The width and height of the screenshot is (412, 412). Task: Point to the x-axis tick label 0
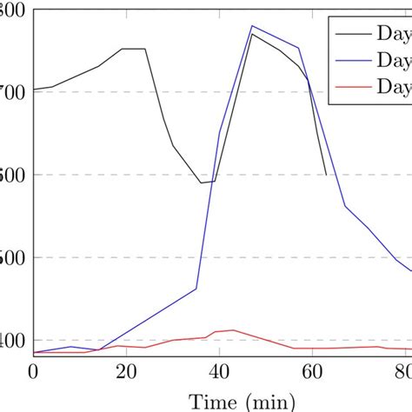click(x=33, y=370)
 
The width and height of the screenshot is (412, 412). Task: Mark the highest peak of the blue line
click(x=251, y=25)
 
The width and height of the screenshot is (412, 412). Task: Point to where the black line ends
click(x=326, y=175)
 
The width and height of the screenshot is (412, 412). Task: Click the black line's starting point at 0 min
click(x=33, y=89)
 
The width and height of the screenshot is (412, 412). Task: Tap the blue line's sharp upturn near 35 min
click(x=196, y=289)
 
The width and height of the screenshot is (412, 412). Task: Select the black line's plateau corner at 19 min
click(x=122, y=49)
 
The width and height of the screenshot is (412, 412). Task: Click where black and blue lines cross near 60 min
click(x=309, y=81)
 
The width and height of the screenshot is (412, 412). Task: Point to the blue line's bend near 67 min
click(x=345, y=206)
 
